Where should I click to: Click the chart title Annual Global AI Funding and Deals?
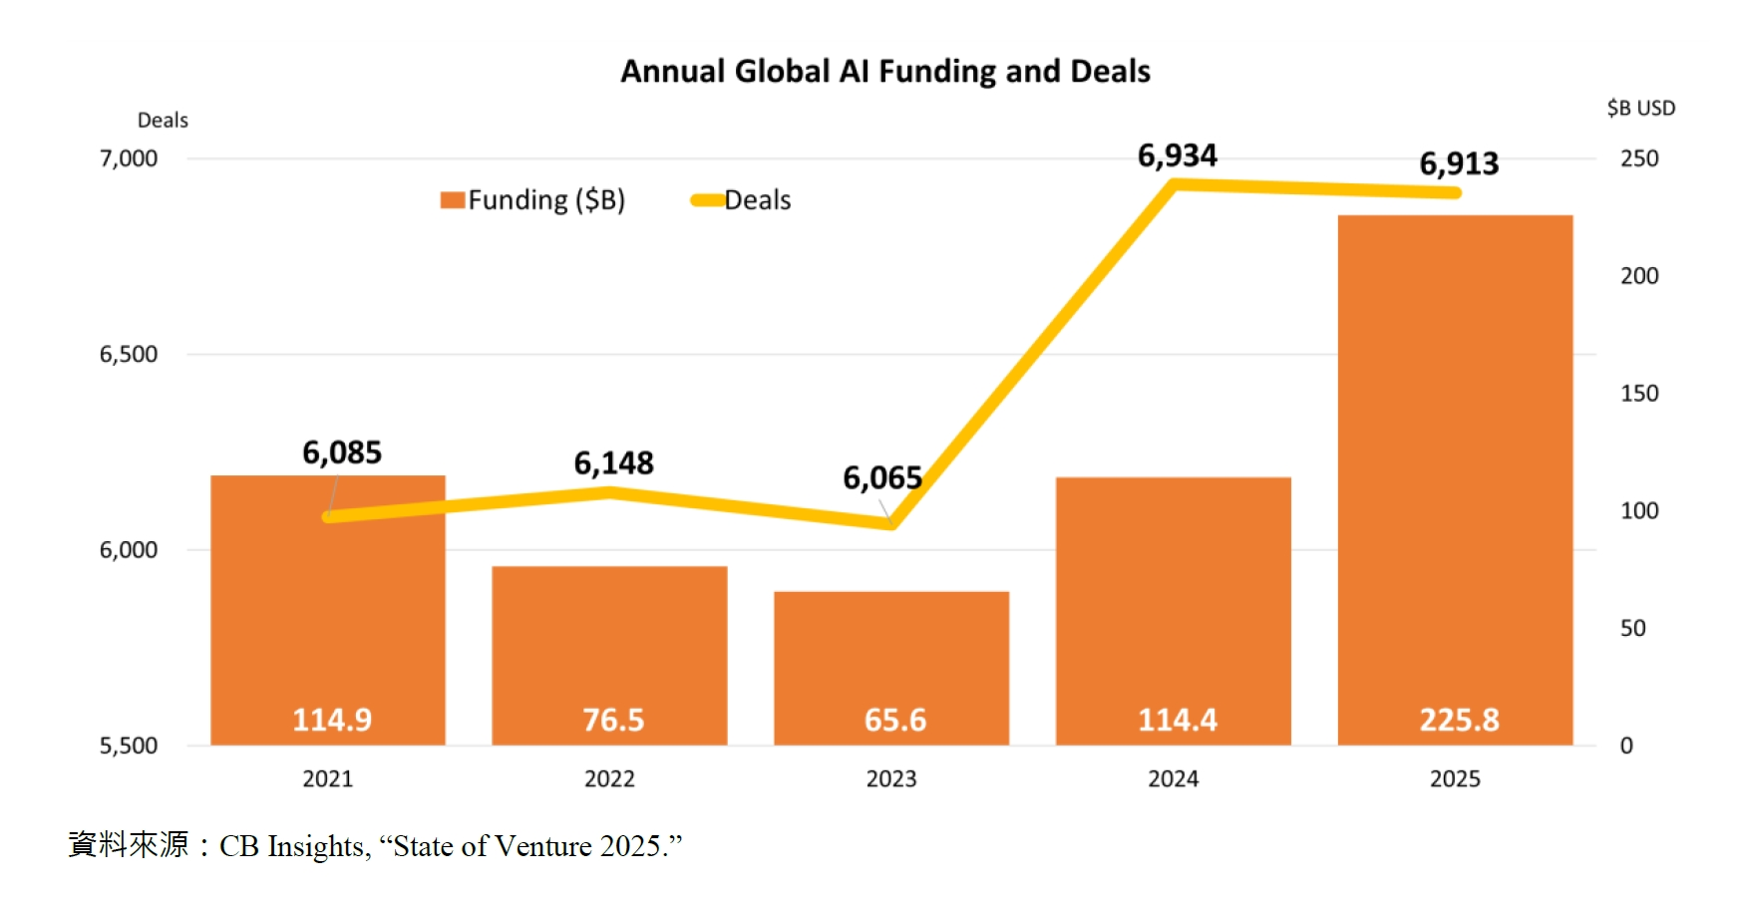884,72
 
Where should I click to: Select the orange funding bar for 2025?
1455,449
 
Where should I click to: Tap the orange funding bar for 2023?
890,648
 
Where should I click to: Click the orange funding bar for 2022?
609,638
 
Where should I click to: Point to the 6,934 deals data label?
1177,155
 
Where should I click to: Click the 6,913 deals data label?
1459,163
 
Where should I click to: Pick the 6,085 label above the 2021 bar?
342,453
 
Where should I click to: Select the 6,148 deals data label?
613,463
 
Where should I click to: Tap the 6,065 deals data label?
882,478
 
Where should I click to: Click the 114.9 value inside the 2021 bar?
332,720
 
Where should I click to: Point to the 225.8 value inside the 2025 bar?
1459,720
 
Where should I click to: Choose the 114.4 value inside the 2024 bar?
1178,720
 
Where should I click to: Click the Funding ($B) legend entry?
533,200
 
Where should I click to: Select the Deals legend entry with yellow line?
742,200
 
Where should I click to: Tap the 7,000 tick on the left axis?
129,158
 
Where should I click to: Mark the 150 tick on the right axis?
1639,394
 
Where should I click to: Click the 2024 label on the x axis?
1173,779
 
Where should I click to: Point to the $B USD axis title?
1640,108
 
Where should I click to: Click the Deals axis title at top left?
163,121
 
